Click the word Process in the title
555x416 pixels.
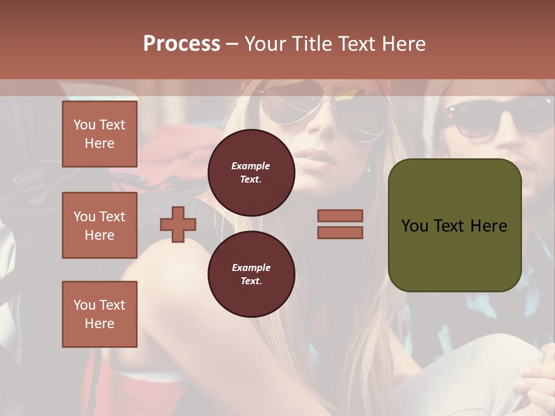(x=182, y=43)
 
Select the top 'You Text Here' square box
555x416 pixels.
(x=99, y=134)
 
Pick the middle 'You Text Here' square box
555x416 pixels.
(x=99, y=225)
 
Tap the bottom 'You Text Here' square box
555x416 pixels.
(x=99, y=314)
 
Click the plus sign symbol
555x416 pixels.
(x=178, y=224)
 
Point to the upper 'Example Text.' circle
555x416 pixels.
(x=251, y=173)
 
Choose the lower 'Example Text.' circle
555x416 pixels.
(x=251, y=274)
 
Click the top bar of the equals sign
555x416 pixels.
(x=340, y=216)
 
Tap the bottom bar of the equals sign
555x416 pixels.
(x=340, y=233)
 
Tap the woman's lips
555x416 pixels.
(x=316, y=157)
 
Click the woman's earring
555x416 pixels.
(x=367, y=168)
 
